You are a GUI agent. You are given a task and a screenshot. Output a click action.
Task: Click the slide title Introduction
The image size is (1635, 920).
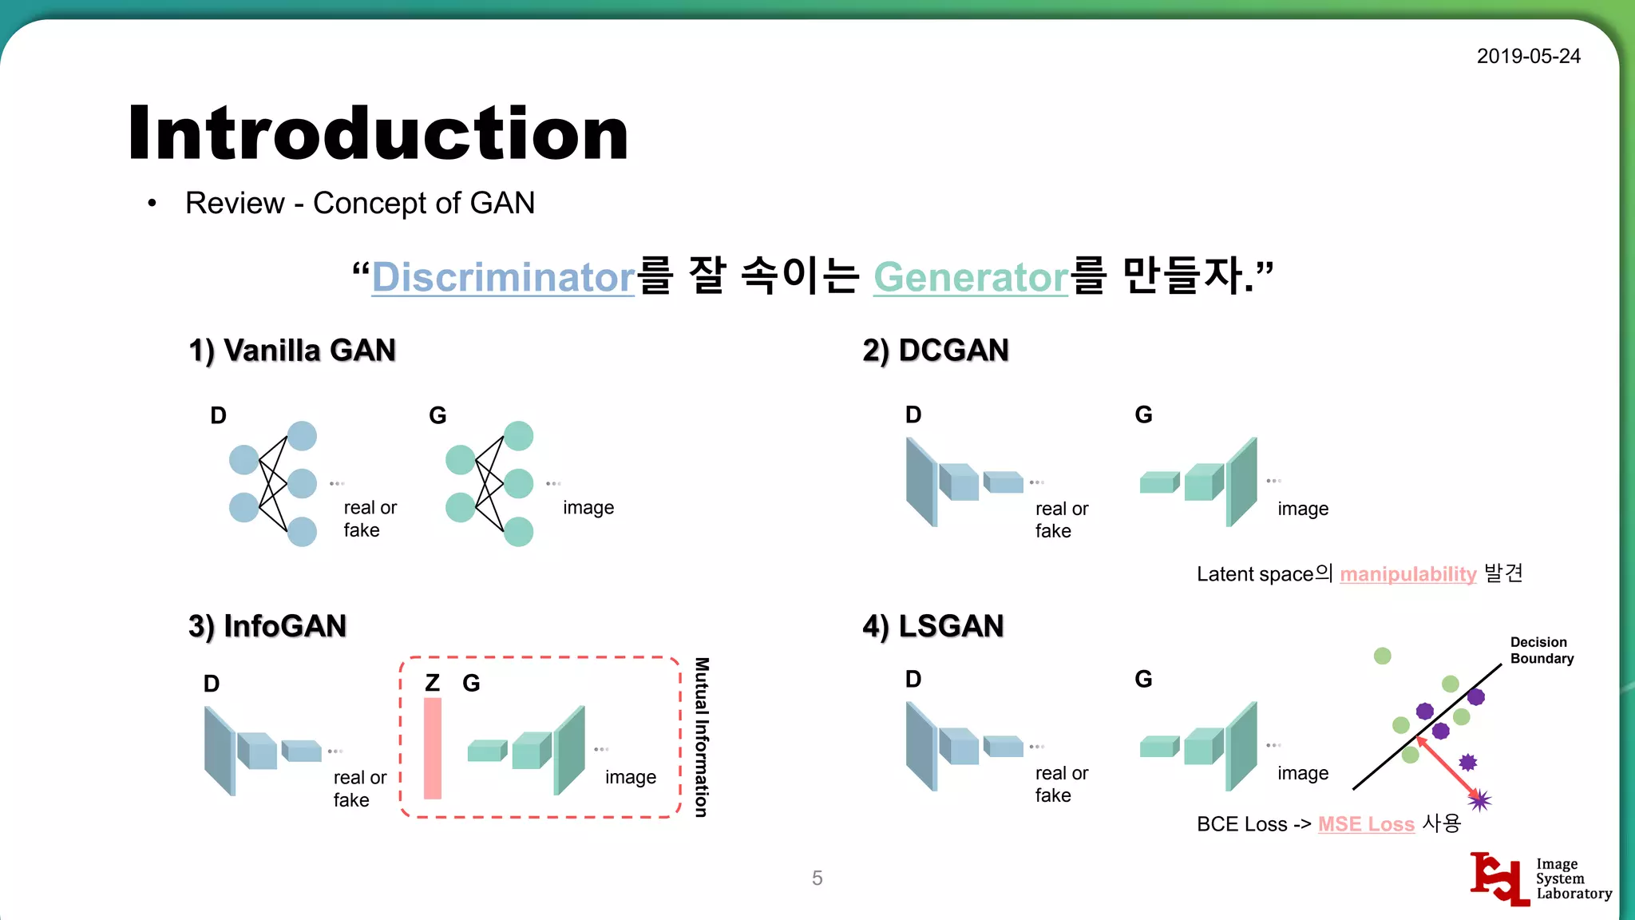pos(378,133)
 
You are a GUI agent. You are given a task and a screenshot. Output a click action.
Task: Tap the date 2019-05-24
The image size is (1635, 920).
pos(1528,56)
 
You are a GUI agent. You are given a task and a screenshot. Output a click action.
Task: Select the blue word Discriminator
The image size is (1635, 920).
pos(503,277)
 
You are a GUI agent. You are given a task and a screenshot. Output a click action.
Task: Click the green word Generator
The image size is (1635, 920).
pos(970,277)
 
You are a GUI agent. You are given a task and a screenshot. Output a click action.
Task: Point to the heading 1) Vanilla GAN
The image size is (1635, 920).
pos(292,351)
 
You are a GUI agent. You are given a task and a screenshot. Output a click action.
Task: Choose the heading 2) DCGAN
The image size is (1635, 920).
pos(935,351)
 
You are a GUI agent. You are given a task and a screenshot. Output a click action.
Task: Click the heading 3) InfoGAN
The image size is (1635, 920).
pos(267,626)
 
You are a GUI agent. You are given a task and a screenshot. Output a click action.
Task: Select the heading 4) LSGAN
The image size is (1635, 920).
pos(932,626)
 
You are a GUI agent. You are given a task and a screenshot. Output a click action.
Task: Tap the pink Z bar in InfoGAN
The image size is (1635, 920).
pos(433,748)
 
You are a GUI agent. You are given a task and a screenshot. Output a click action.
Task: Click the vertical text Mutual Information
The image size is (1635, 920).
pos(702,737)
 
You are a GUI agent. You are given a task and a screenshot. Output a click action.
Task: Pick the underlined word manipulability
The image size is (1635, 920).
pos(1407,573)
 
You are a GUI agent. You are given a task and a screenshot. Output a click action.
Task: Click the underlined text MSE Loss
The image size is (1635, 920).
pos(1366,823)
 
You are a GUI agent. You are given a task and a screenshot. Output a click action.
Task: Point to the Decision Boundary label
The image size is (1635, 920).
pos(1541,650)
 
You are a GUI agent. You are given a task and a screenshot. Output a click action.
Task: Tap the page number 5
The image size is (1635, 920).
pos(817,878)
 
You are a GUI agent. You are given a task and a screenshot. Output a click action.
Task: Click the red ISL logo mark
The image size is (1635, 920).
pos(1499,878)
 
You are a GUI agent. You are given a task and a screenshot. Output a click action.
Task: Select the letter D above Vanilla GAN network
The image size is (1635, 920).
pos(218,415)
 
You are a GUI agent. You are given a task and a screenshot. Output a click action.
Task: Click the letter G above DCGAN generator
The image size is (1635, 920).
pos(1143,414)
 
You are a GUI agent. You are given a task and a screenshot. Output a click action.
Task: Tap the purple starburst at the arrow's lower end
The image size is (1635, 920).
pos(1479,799)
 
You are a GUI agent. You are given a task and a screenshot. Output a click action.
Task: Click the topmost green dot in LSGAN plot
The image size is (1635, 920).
pos(1383,656)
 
